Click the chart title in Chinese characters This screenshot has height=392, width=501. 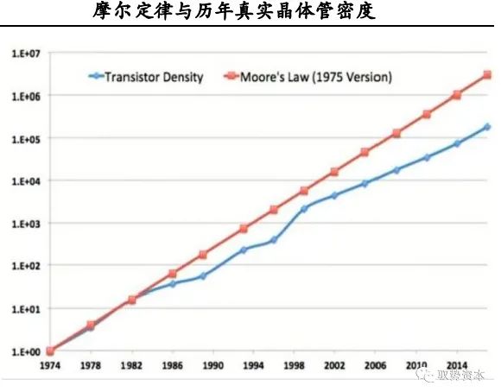tap(250, 13)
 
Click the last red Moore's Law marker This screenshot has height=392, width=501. tap(488, 75)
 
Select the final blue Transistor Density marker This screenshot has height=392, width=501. tap(488, 127)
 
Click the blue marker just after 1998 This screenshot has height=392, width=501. tap(304, 208)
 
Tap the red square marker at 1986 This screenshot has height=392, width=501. tap(173, 274)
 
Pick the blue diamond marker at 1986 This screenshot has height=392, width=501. tap(173, 283)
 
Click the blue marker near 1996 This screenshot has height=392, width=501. tap(273, 240)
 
